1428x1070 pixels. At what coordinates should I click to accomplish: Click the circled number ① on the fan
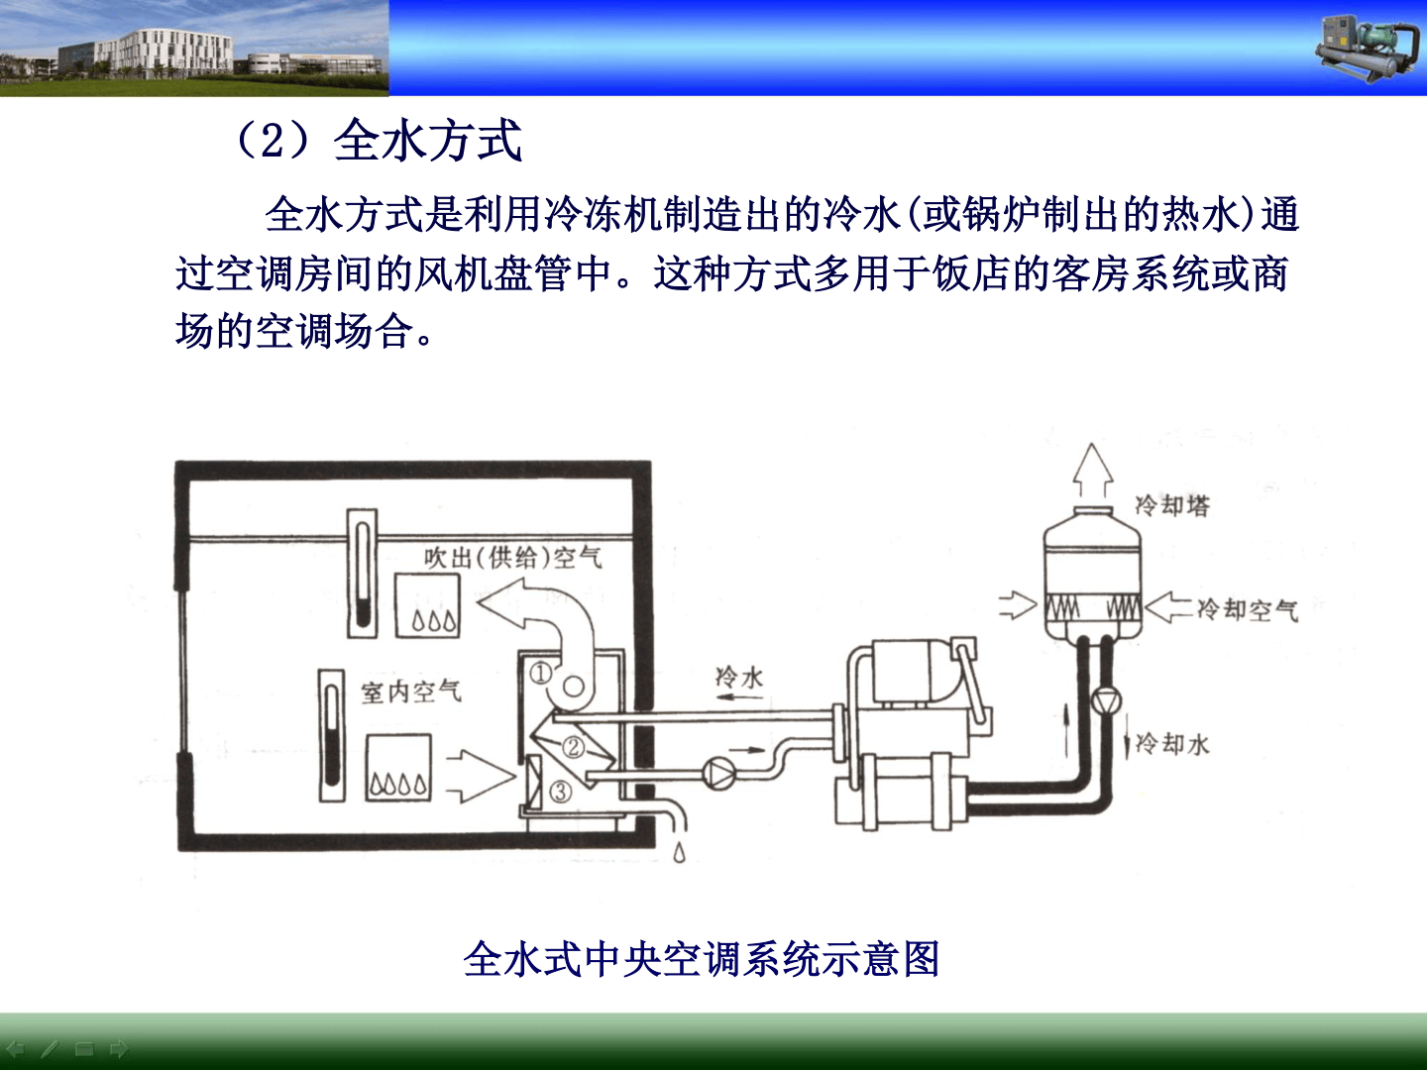point(541,674)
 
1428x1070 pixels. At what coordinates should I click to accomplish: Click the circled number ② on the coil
point(573,747)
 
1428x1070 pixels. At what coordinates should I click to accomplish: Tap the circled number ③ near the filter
point(561,792)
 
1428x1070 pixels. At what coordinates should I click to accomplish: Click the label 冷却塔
point(1171,505)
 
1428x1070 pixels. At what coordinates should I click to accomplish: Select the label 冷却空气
point(1247,609)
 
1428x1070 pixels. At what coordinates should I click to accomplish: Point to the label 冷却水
point(1172,743)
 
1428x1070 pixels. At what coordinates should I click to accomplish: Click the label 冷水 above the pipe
point(738,677)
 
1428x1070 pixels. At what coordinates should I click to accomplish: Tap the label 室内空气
point(411,691)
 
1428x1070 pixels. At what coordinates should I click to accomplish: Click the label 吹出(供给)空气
point(512,557)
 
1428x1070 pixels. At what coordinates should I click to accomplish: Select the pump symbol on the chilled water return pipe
point(718,774)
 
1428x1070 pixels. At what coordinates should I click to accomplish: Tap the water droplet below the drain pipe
point(679,852)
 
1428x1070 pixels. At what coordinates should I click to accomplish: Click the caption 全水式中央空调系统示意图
point(702,959)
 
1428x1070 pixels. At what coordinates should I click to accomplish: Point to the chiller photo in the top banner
point(1369,49)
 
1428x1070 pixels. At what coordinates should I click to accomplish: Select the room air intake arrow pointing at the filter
point(480,776)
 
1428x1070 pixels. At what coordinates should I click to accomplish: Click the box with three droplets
point(427,605)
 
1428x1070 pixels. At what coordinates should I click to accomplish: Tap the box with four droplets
point(398,767)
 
